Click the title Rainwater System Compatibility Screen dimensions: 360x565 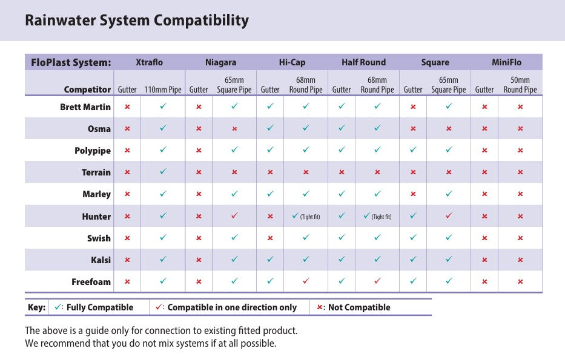coord(137,21)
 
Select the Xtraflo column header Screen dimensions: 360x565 coord(149,62)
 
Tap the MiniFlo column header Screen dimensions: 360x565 coord(506,62)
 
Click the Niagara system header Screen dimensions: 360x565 coord(220,62)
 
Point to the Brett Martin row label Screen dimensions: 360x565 coord(85,107)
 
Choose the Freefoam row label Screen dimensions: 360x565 coord(91,282)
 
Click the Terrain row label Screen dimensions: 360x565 coord(96,172)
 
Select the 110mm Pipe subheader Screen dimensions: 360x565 coord(163,90)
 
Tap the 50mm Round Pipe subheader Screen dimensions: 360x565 coord(520,85)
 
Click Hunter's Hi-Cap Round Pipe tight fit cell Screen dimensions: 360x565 coord(306,217)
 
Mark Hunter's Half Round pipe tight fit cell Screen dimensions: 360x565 coord(377,217)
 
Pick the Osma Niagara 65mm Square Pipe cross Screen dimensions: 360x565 coord(234,129)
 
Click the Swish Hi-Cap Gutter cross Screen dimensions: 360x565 coord(270,238)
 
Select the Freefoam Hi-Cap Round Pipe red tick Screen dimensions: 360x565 coord(306,281)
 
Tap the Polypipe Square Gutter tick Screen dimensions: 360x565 coord(413,151)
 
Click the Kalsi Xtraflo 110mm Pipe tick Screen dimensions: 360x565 coord(163,260)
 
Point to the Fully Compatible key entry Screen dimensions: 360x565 coord(93,307)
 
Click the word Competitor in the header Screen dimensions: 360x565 coord(88,90)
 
